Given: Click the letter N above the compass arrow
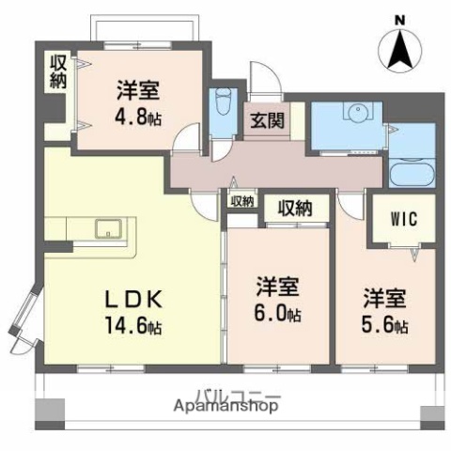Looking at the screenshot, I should pyautogui.click(x=400, y=17).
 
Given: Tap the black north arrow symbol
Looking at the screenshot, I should pyautogui.click(x=400, y=49).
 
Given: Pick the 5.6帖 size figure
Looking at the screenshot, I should pyautogui.click(x=387, y=325).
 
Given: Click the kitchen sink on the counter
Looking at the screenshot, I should pyautogui.click(x=105, y=228).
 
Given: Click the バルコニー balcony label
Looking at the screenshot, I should pyautogui.click(x=237, y=394).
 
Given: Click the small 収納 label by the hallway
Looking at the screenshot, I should pyautogui.click(x=241, y=199).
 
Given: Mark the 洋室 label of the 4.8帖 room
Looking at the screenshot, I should pyautogui.click(x=138, y=91).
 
